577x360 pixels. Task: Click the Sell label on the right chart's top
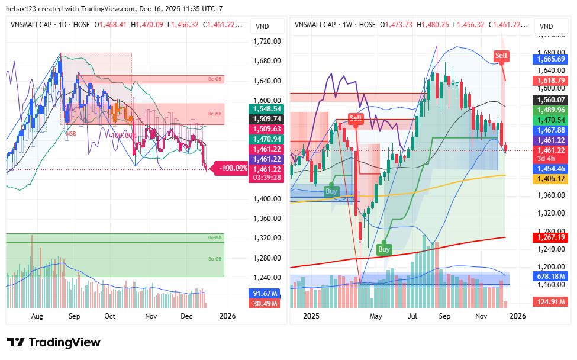point(501,56)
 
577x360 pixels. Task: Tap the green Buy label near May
point(384,249)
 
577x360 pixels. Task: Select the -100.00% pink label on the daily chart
point(233,168)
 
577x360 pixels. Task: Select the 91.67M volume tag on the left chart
point(265,293)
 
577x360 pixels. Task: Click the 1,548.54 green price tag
point(265,109)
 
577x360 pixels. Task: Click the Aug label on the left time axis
point(37,316)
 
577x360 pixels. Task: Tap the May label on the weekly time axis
point(376,316)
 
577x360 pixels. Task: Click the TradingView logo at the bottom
point(54,342)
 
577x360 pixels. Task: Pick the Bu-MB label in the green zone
point(214,237)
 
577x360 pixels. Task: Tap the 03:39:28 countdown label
point(265,177)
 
